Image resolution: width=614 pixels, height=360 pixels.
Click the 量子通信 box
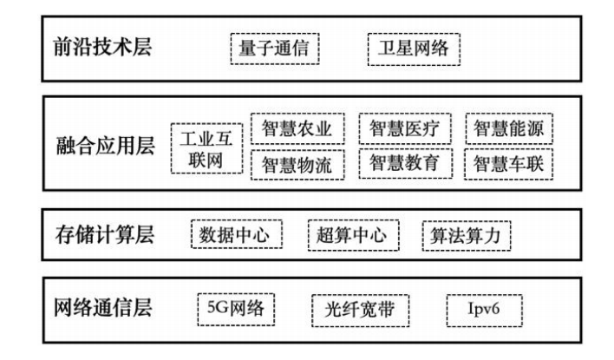tap(275, 48)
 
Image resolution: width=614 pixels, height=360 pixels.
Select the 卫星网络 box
tap(413, 48)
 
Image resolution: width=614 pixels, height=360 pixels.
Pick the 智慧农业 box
tap(297, 130)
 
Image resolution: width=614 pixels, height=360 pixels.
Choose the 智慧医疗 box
tap(404, 130)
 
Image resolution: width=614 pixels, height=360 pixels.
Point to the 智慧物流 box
tap(297, 163)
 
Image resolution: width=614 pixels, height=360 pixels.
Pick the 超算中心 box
tap(353, 235)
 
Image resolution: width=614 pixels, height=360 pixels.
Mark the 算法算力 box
tap(467, 235)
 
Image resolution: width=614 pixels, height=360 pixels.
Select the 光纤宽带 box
tap(360, 310)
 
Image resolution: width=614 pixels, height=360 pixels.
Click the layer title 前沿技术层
tap(97, 47)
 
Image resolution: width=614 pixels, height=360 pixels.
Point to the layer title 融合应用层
tap(99, 146)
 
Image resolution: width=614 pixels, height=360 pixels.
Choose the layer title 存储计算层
tap(97, 235)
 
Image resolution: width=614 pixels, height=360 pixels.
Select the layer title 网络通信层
tap(97, 309)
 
